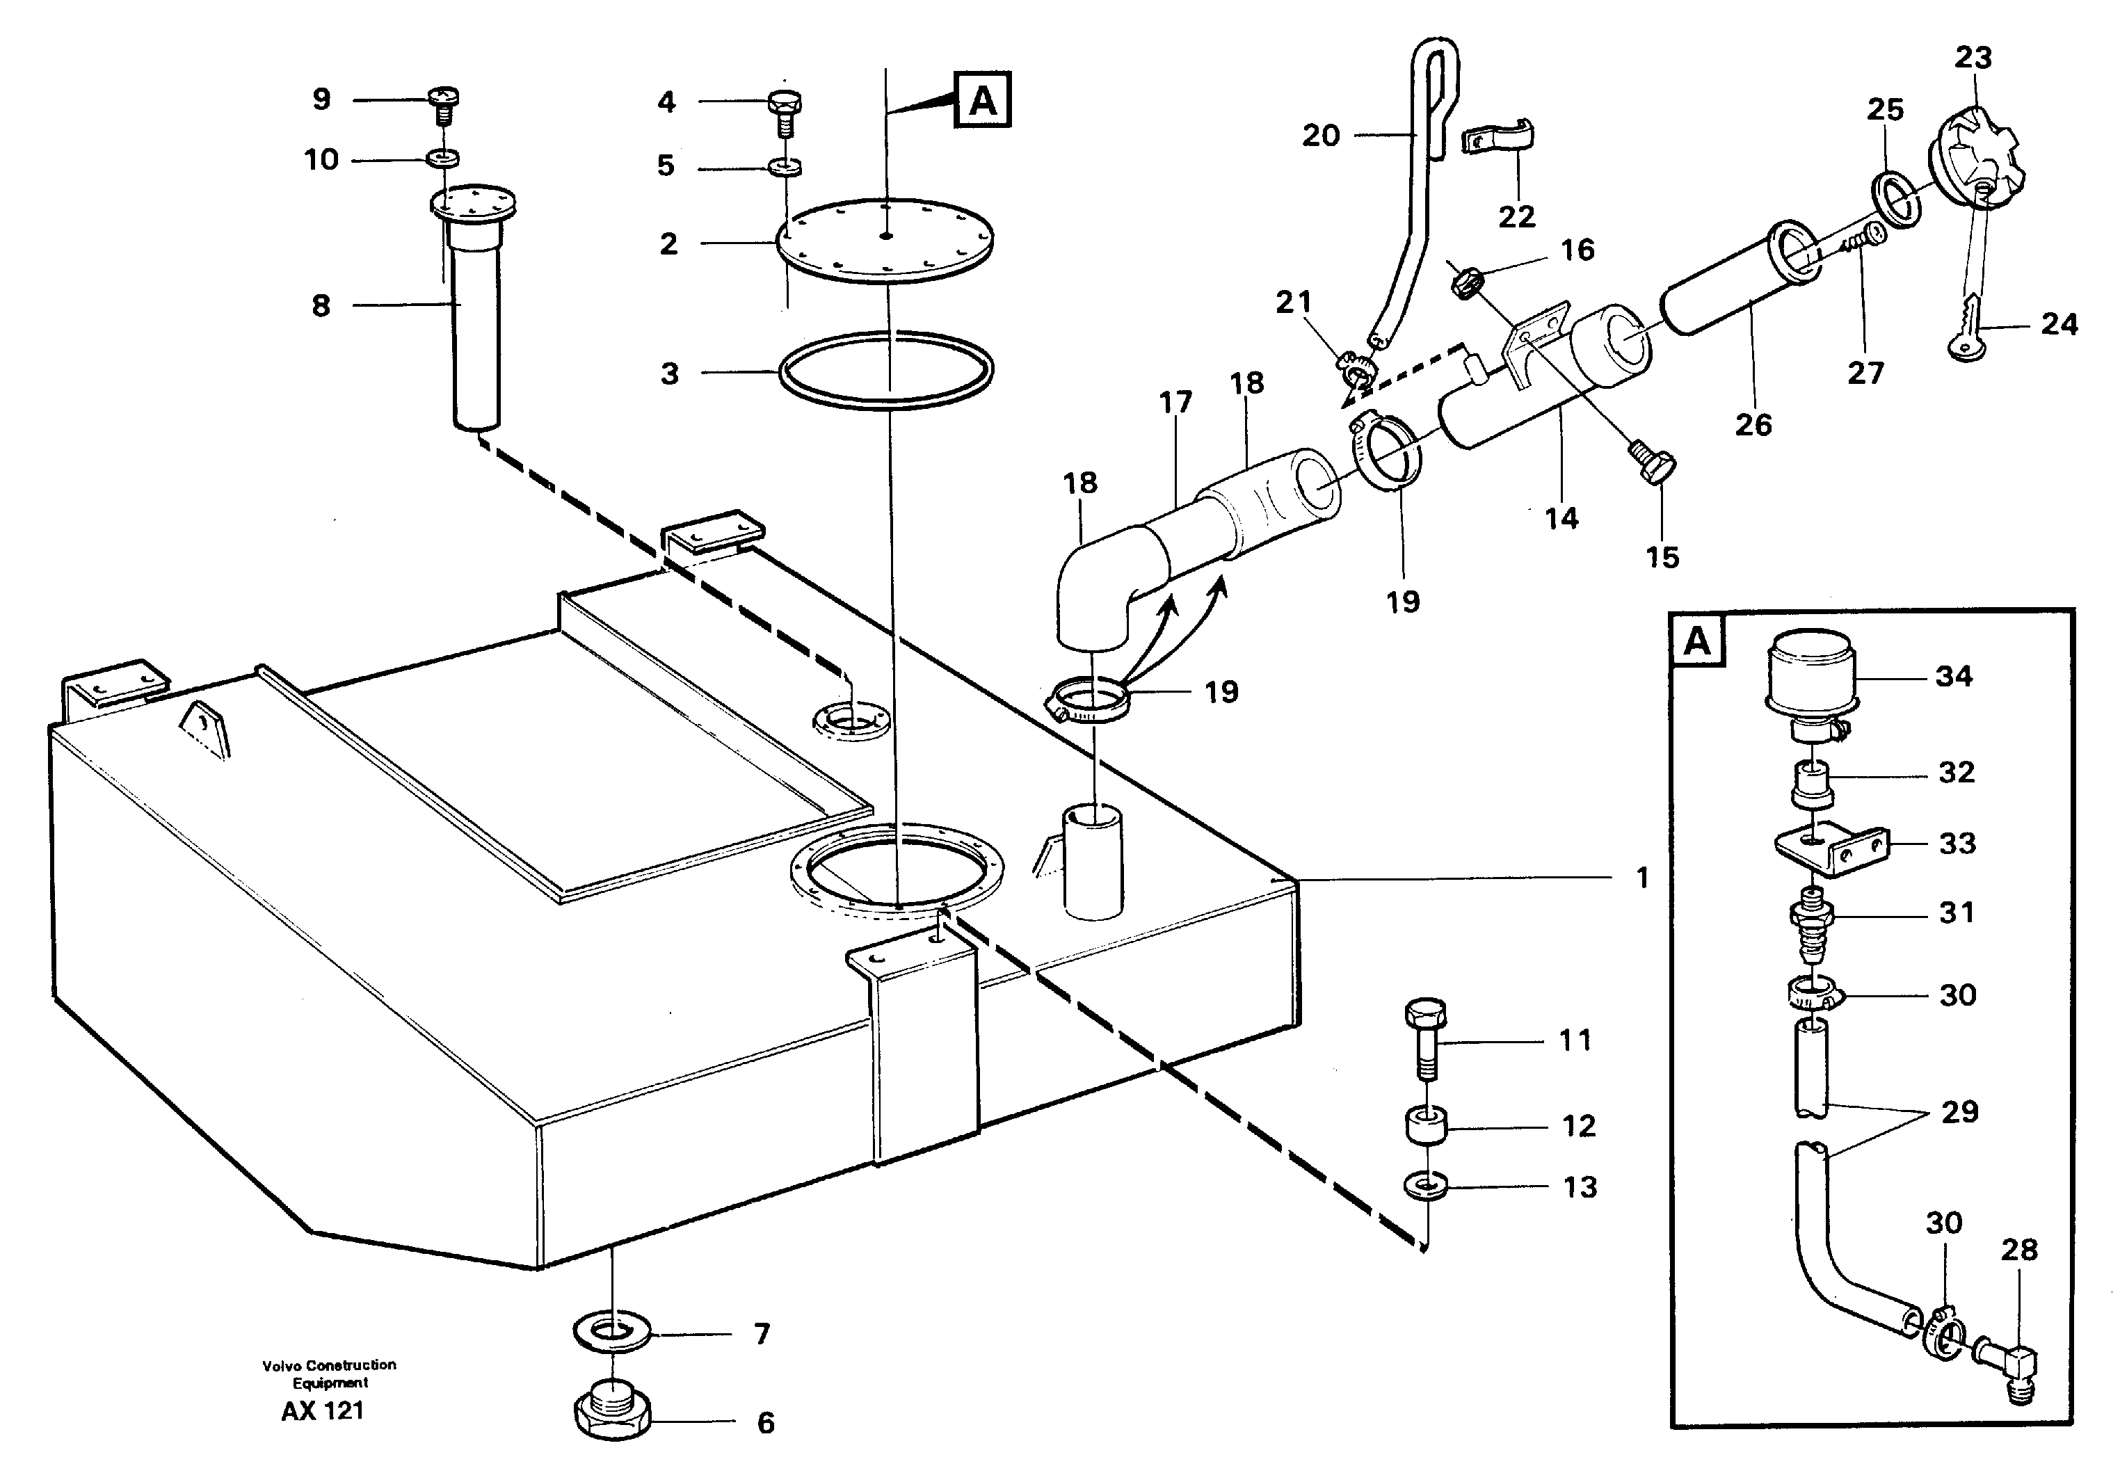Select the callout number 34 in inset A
coord(1954,677)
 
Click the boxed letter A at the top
coord(983,99)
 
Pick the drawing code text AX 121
coord(322,1411)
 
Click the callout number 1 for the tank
coord(1642,878)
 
